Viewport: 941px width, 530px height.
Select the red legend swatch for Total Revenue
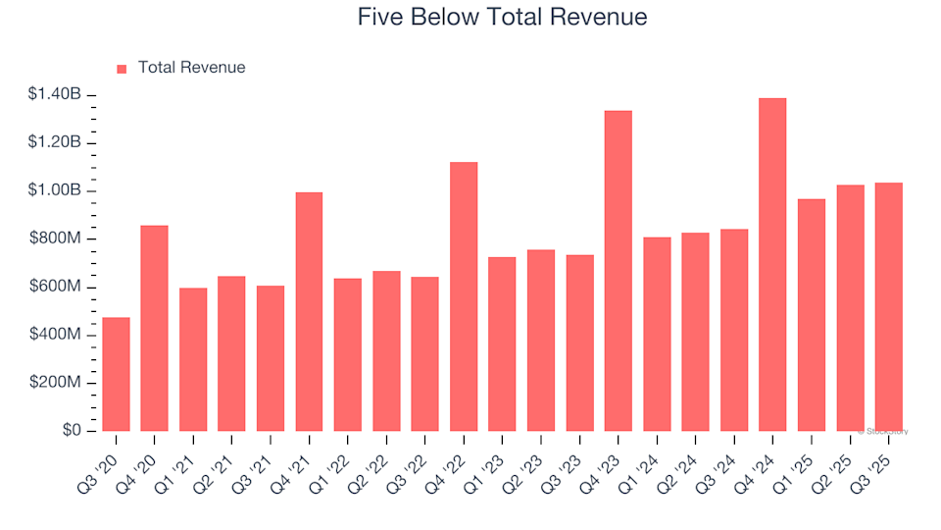coord(122,69)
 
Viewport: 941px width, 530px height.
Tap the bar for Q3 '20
coord(116,374)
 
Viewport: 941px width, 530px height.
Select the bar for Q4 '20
coord(154,328)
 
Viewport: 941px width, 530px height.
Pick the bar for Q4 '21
coord(309,311)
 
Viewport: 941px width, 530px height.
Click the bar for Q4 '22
coord(464,296)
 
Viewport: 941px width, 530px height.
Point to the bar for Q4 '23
coord(618,271)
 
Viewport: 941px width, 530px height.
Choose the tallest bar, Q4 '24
coord(772,264)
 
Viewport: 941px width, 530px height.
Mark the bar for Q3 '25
coord(888,306)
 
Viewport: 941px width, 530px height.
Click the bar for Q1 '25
coord(811,315)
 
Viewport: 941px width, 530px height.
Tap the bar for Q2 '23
coord(540,340)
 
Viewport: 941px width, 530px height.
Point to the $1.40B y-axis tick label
coord(55,95)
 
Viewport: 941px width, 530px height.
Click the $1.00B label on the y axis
coord(55,190)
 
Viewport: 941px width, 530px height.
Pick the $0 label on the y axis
coord(72,431)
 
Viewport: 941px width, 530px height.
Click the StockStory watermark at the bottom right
coord(883,431)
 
